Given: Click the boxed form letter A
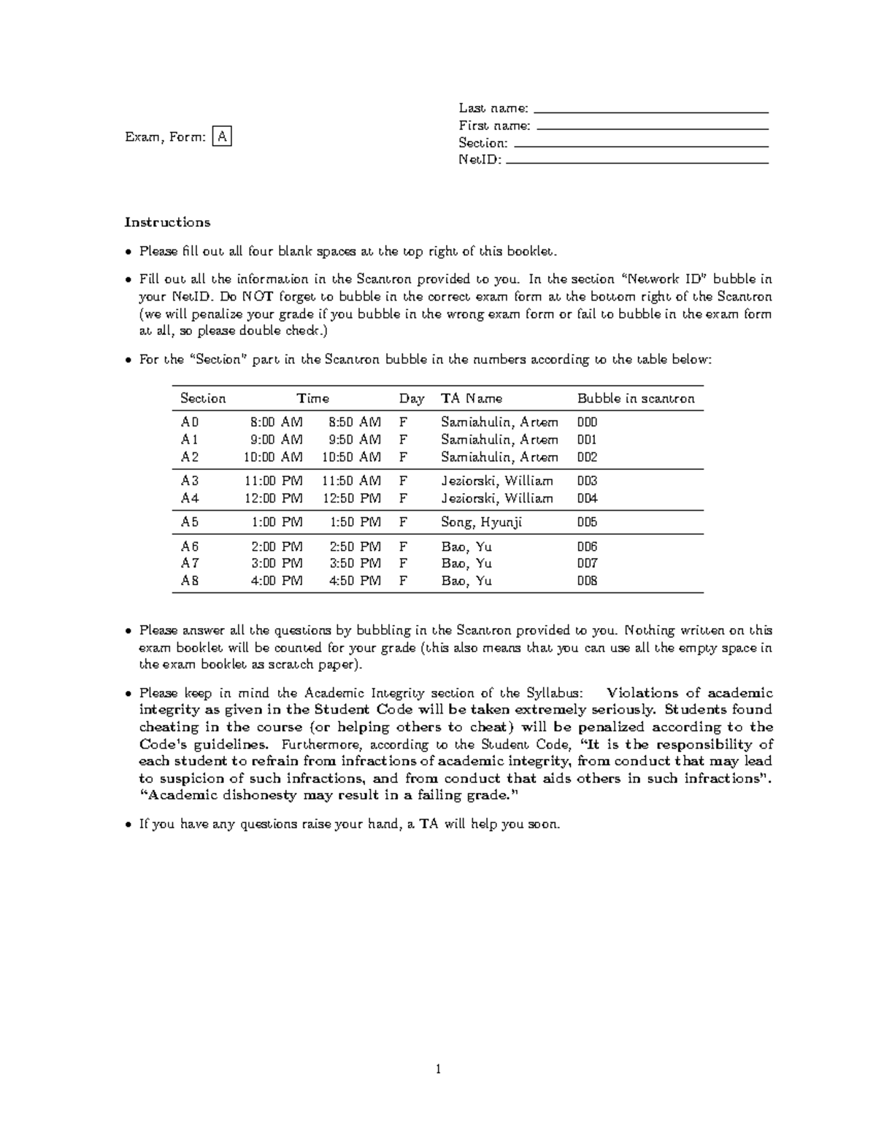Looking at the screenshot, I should pos(222,136).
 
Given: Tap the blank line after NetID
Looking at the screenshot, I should pos(637,163).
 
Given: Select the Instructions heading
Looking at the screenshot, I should pos(167,223).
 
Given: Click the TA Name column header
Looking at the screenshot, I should pos(471,398).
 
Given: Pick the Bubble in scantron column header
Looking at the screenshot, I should pos(636,398).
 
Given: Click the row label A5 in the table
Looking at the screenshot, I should pos(190,522).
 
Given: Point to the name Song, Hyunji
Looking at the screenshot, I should pos(481,522).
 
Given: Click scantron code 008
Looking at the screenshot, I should pos(587,581).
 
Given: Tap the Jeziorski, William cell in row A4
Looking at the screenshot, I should pos(496,498).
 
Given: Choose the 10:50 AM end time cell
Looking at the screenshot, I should pos(351,457).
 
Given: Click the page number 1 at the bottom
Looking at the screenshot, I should pos(438,1070).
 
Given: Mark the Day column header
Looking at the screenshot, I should pos(411,398).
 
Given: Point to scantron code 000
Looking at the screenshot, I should pos(587,422).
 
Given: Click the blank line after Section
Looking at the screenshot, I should pos(641,146).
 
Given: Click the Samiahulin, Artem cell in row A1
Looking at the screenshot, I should pos(499,440).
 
